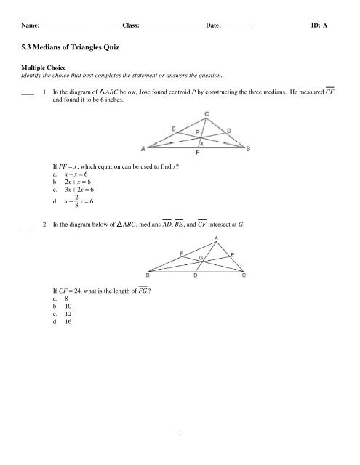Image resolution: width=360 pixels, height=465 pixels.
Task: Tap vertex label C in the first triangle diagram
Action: [207, 113]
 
